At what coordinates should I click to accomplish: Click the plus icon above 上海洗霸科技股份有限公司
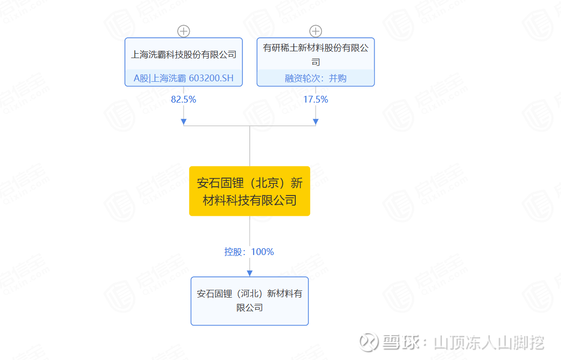click(183, 31)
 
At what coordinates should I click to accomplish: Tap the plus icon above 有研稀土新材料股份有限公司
click(316, 31)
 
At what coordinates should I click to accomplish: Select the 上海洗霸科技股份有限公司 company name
click(183, 55)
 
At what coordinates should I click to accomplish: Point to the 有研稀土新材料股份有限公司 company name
click(316, 55)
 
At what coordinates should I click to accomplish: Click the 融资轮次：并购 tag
click(316, 78)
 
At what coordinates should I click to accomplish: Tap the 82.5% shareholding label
click(183, 99)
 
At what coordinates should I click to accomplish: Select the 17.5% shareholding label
click(316, 99)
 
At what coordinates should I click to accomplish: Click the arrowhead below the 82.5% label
click(183, 122)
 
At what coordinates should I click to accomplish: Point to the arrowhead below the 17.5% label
click(316, 122)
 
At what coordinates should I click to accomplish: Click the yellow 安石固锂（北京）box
click(250, 191)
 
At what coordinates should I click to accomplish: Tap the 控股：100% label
click(249, 252)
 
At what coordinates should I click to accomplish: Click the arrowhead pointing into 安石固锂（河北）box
click(250, 273)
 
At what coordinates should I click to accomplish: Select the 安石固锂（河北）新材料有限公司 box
click(250, 301)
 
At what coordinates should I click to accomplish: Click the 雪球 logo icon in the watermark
click(368, 342)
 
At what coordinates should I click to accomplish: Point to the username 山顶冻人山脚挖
click(489, 343)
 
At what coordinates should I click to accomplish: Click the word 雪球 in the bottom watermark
click(401, 342)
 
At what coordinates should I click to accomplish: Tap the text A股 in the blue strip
click(141, 78)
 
